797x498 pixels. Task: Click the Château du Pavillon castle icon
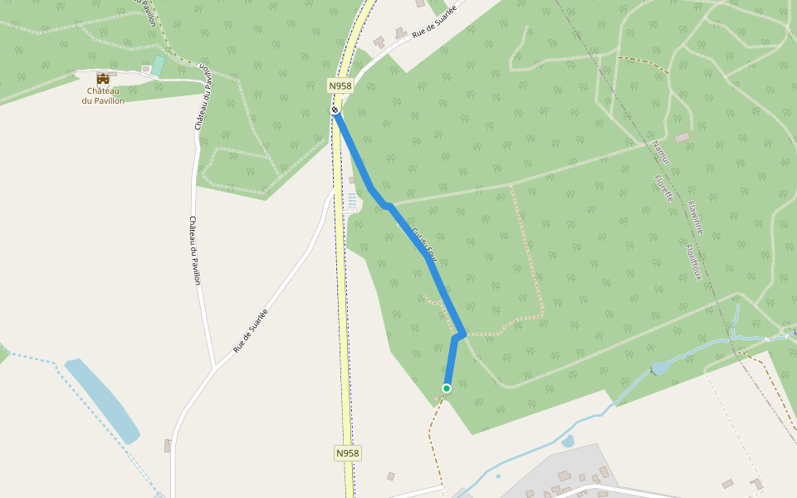tap(103, 78)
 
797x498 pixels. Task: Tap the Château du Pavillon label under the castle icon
tap(103, 95)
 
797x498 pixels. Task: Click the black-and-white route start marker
tap(335, 110)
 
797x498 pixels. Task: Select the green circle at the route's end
tap(447, 388)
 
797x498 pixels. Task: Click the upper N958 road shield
tap(340, 85)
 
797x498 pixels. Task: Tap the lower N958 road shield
tap(349, 453)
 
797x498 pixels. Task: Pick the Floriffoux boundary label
tap(693, 261)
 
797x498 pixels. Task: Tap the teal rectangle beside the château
tap(158, 66)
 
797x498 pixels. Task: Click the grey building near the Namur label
tap(682, 137)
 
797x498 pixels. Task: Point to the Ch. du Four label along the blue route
tap(423, 241)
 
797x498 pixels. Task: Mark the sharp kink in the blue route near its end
tap(461, 334)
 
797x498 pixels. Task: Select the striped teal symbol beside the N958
tap(352, 202)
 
